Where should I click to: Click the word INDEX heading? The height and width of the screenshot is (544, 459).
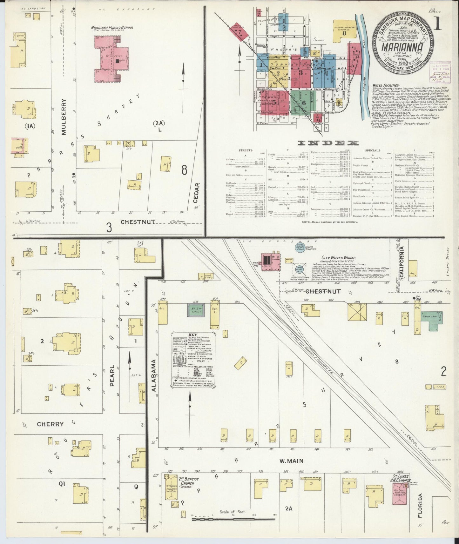(328, 143)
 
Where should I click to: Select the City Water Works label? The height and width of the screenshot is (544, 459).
(338, 258)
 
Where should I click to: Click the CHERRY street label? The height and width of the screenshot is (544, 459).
(50, 424)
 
